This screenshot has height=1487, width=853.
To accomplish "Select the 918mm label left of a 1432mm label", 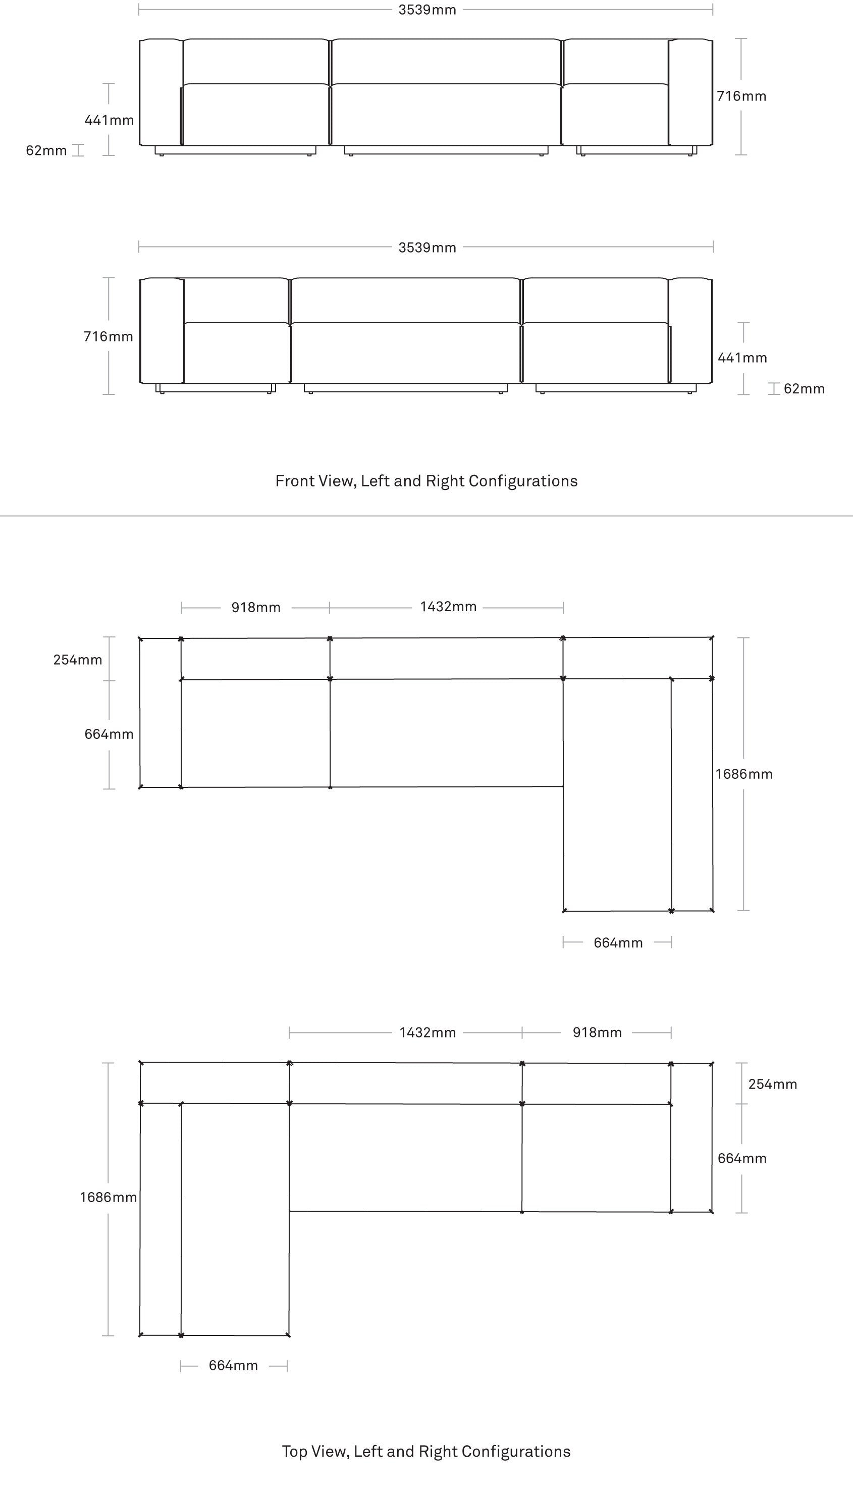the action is coord(256,607).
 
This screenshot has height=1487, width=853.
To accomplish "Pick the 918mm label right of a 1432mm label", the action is coord(597,1032).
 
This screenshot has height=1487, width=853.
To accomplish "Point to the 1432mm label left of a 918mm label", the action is coord(428,1032).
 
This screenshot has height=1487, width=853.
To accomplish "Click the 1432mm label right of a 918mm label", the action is coord(448,607).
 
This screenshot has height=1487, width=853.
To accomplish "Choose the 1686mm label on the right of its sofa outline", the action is coord(744,774).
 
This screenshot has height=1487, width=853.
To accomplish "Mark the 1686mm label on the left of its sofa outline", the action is coord(109,1198).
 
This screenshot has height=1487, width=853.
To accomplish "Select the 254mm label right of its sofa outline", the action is coord(773,1084).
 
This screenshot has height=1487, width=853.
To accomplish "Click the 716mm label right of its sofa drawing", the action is coord(741,96).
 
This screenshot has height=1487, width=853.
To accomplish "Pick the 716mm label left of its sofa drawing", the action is coord(109,336).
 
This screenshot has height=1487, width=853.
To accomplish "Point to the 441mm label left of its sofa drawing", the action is coord(110,120).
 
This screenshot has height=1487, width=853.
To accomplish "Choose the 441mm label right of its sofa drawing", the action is coord(742,358).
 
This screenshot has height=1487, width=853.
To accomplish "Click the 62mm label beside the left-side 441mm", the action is coord(46,151).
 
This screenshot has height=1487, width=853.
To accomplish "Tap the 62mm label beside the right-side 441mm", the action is coord(805,388).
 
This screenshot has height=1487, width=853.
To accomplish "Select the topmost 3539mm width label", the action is coord(427,10).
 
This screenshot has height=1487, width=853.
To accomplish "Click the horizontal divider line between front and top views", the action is coord(426,516).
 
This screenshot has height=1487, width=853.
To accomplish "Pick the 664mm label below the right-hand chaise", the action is coord(618,943).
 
